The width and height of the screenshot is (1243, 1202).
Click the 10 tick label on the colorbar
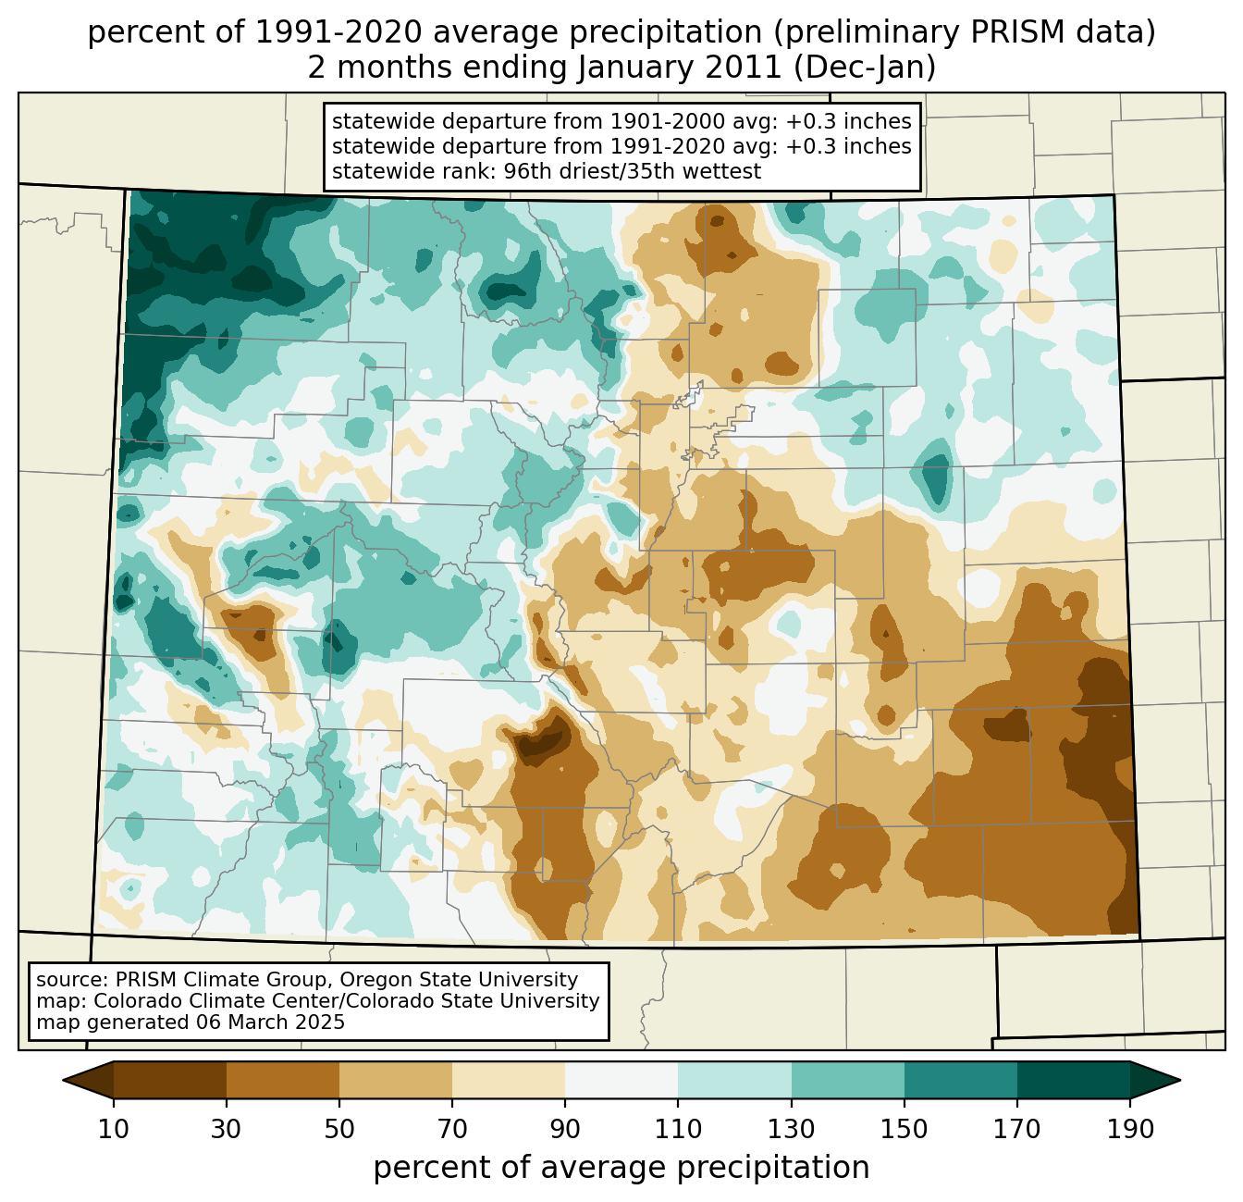(x=114, y=1130)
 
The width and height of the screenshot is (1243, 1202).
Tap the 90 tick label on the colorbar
(x=565, y=1130)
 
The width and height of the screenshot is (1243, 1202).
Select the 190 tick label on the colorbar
(x=1130, y=1130)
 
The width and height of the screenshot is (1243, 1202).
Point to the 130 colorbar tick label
(x=792, y=1130)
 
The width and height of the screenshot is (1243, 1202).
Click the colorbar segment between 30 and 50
(x=283, y=1080)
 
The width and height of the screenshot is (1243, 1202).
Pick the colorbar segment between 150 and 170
(x=961, y=1080)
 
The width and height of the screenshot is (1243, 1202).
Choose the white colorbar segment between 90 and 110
(x=621, y=1080)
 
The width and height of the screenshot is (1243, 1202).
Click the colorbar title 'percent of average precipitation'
(x=621, y=1168)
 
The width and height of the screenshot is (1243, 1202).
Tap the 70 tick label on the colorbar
(x=452, y=1130)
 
